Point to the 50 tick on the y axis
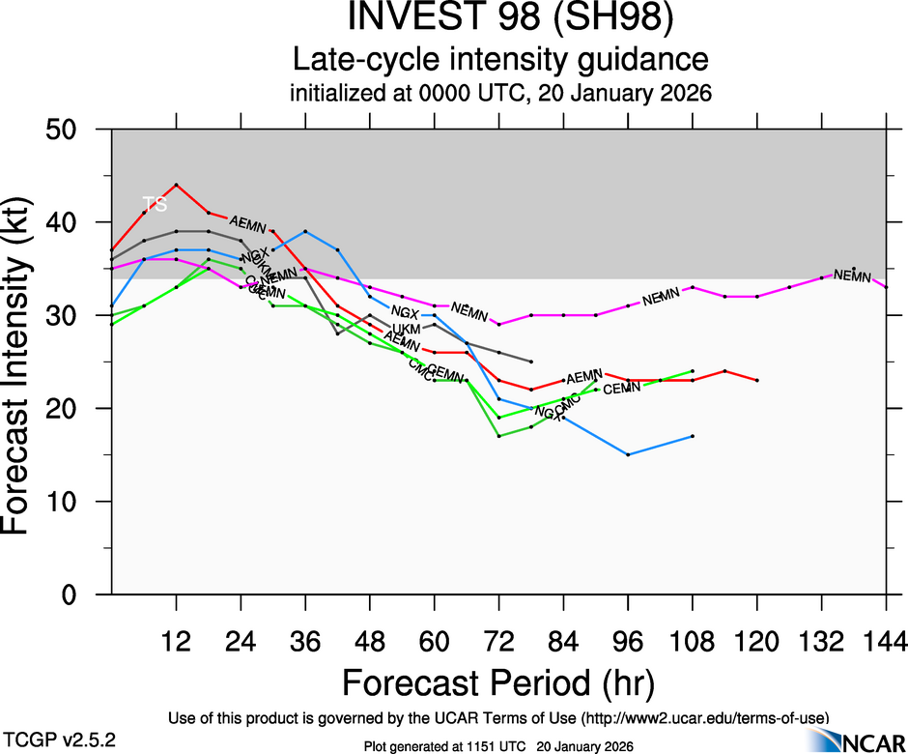tap(69, 130)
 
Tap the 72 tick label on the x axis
tap(498, 640)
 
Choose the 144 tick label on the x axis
tap(885, 640)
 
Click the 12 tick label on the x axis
tap(176, 640)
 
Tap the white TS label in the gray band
tap(155, 204)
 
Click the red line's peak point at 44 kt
tap(176, 185)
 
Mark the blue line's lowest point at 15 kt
tap(628, 454)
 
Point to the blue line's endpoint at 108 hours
tap(693, 436)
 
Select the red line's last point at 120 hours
tap(757, 380)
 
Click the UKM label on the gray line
tap(406, 330)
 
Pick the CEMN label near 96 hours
tap(622, 388)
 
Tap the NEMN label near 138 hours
tap(852, 275)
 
